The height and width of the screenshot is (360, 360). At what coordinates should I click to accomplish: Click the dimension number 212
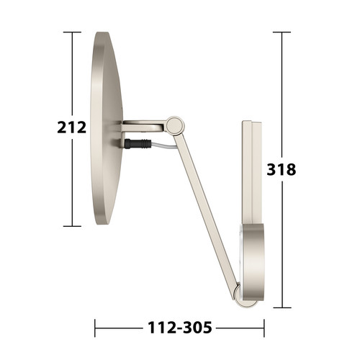(72, 127)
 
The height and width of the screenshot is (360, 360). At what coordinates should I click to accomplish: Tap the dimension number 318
(282, 169)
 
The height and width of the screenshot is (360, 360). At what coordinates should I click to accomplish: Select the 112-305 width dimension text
(180, 328)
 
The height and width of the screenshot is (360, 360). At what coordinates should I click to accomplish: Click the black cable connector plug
(138, 144)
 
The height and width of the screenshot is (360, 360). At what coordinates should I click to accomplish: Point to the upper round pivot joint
(175, 125)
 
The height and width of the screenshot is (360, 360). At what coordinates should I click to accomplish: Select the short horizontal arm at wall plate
(143, 126)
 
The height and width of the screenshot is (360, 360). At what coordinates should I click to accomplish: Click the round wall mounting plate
(106, 128)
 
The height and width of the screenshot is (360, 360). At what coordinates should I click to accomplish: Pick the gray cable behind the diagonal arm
(163, 146)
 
